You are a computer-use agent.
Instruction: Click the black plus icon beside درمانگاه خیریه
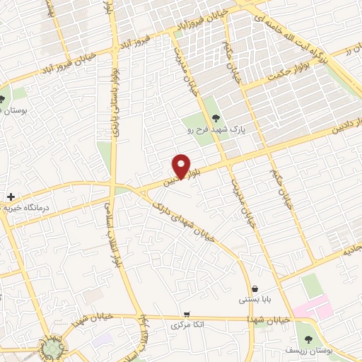click(11, 196)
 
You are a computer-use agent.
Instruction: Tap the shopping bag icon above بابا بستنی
click(255, 288)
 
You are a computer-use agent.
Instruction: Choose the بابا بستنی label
click(255, 300)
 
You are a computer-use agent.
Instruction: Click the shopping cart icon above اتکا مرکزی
click(187, 314)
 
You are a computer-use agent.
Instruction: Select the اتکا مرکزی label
click(187, 326)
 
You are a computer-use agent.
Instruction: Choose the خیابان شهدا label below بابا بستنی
click(265, 320)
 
